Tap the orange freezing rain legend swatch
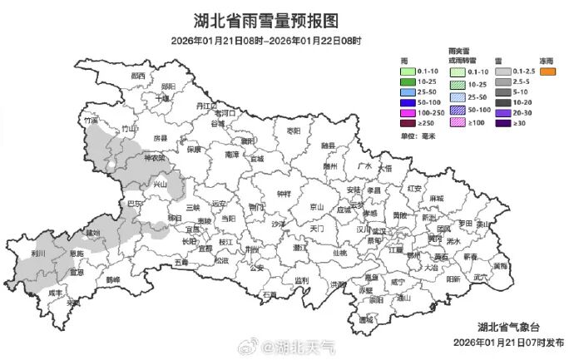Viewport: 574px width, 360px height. [x=547, y=72]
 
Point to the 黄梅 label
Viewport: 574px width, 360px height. [x=499, y=266]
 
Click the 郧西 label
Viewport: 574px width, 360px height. [x=138, y=76]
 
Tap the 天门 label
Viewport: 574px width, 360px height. [x=317, y=227]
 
